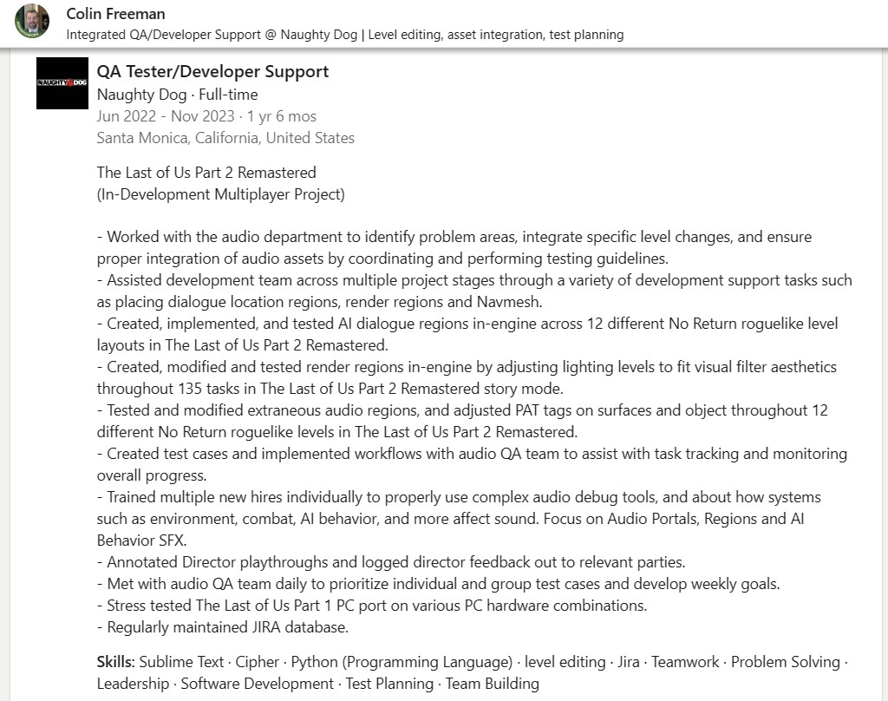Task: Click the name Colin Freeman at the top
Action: tap(115, 14)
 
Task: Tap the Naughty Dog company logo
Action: tap(62, 83)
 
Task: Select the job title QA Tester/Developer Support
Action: tap(212, 71)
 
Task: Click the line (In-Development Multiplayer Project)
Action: tap(220, 194)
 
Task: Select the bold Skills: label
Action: tap(115, 662)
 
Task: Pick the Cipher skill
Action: tap(258, 662)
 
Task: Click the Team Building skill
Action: tap(493, 684)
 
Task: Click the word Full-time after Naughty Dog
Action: tap(228, 95)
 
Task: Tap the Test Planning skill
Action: tap(389, 684)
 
